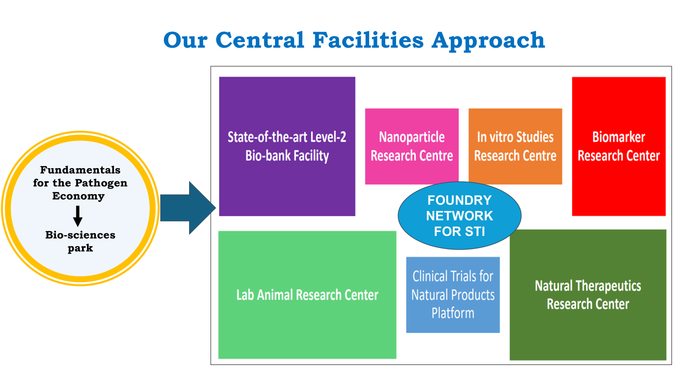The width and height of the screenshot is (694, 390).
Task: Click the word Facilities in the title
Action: tap(368, 40)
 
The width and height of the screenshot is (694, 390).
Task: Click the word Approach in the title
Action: tap(488, 41)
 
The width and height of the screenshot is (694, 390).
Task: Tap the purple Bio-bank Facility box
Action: tap(287, 146)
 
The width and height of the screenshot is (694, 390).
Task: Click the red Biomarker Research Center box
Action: tap(619, 146)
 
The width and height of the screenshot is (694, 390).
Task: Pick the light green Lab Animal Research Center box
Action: tap(308, 295)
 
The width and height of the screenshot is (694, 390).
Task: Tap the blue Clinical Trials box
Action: tap(453, 295)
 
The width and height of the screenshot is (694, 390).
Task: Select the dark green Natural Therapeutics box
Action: tap(588, 295)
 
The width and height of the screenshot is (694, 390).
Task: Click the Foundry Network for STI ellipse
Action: tap(459, 216)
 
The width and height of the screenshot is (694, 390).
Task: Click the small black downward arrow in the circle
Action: tap(78, 216)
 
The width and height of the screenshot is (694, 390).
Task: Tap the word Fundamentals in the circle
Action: tap(80, 169)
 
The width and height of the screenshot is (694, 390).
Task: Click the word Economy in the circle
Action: tap(79, 196)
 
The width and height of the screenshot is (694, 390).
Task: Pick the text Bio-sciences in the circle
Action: tap(80, 235)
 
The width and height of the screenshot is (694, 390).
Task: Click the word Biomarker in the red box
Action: tap(619, 137)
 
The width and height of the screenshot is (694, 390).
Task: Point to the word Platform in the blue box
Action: tap(453, 313)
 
